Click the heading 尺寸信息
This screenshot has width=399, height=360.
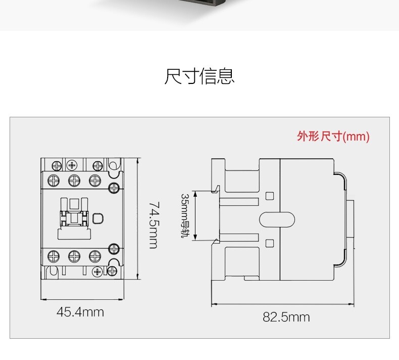point(199,76)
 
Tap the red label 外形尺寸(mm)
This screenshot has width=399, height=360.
point(333,137)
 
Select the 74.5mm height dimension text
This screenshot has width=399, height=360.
point(154,225)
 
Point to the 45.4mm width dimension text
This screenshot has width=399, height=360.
point(80,312)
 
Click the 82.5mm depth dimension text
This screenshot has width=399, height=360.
point(286,317)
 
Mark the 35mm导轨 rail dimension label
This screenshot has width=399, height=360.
point(185,215)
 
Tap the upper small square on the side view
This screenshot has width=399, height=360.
point(269,195)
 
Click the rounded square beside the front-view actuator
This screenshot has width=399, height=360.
point(98,218)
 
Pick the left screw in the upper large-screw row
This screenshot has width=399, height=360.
point(53,179)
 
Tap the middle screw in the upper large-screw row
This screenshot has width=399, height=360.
point(74,179)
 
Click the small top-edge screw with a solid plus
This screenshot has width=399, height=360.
point(72,165)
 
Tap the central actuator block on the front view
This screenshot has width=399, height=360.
point(74,218)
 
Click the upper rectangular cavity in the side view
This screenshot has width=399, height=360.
point(241,179)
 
